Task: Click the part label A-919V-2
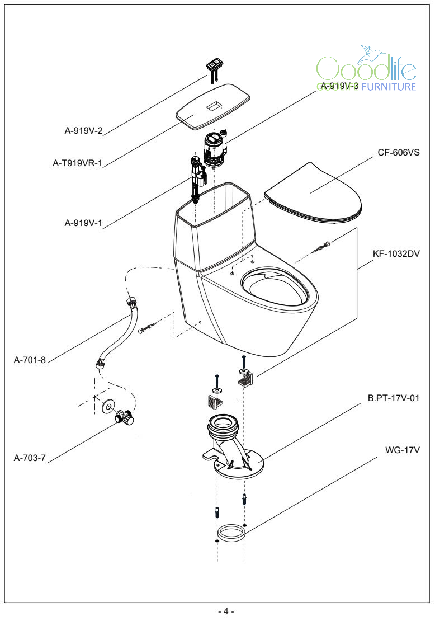(x=83, y=131)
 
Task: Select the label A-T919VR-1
(x=78, y=163)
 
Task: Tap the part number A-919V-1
(x=83, y=223)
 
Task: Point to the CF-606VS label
(x=399, y=152)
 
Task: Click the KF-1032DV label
(x=396, y=253)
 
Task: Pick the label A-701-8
(x=29, y=360)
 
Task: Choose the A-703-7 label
(x=29, y=458)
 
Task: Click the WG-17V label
(x=403, y=449)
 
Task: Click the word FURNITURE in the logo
(x=389, y=87)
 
